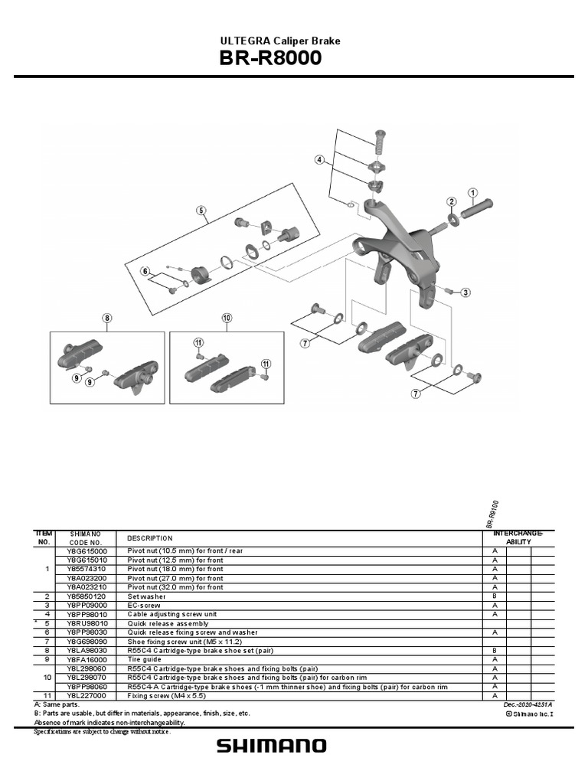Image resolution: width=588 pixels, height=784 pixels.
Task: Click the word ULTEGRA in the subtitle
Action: (x=243, y=41)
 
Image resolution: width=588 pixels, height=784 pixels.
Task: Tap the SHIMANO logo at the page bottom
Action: (x=271, y=746)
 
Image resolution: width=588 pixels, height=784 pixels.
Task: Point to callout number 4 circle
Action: (x=318, y=160)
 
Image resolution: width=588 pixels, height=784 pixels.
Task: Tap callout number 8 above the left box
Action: (x=107, y=318)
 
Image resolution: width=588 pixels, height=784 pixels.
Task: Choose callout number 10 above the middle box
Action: (x=227, y=318)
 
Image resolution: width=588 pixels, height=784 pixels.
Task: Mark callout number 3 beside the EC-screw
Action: (x=465, y=292)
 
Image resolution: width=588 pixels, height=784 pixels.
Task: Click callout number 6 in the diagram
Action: (x=144, y=271)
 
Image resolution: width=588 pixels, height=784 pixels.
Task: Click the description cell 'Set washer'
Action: (x=143, y=596)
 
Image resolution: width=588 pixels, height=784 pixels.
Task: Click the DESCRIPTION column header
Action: (x=150, y=538)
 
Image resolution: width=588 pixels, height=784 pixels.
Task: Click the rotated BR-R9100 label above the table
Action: (x=492, y=512)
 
